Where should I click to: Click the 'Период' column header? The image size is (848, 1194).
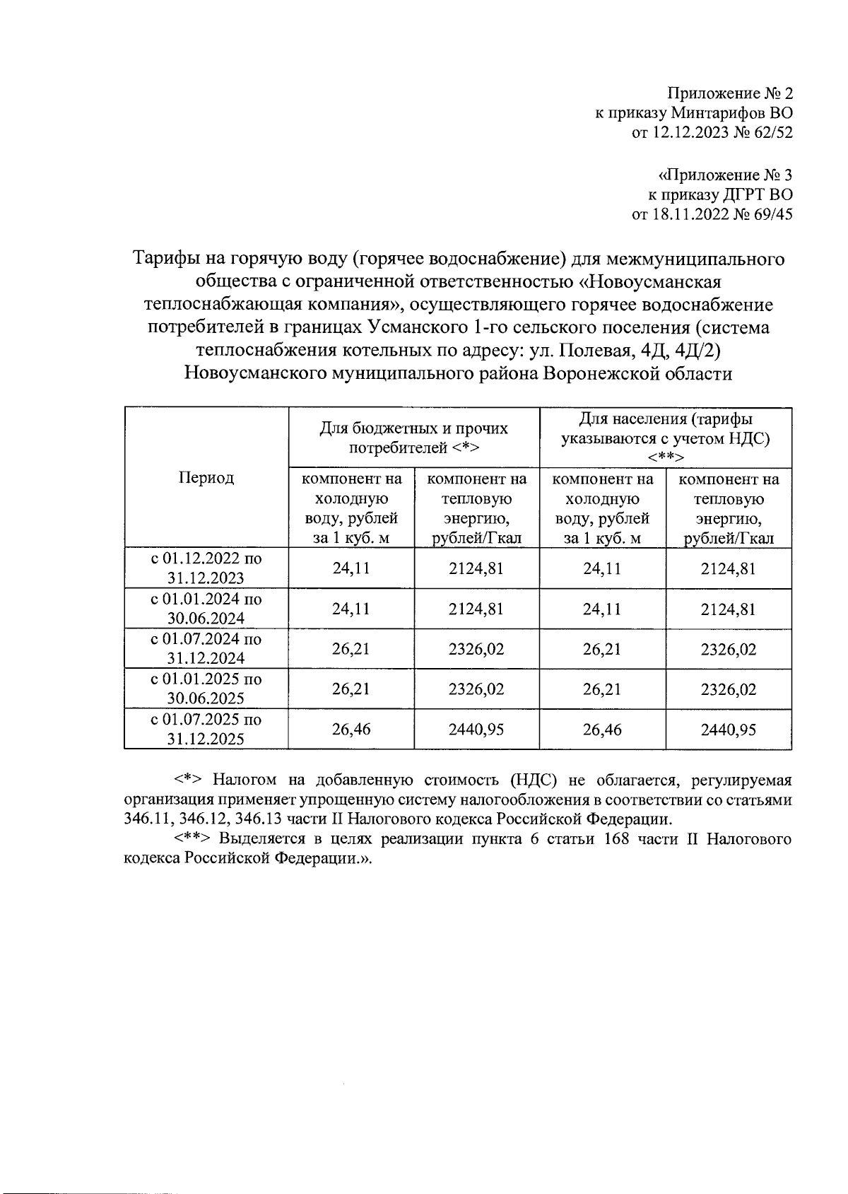tap(206, 478)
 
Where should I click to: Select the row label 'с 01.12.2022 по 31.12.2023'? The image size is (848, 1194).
tap(206, 568)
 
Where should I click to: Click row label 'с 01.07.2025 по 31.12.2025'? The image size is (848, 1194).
tap(206, 729)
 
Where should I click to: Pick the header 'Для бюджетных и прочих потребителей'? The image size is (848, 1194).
tap(414, 438)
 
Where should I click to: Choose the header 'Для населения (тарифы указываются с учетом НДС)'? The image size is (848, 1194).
tap(665, 438)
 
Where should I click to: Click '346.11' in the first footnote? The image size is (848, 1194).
tap(146, 820)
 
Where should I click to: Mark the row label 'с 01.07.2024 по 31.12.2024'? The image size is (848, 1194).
tap(206, 648)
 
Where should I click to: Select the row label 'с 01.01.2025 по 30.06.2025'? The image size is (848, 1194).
tap(206, 689)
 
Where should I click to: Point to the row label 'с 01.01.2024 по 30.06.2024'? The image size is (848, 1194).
tap(206, 608)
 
